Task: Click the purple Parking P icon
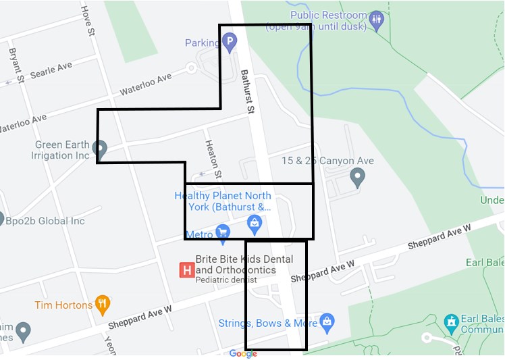tap(230, 44)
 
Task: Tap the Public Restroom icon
tap(377, 18)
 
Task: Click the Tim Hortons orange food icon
tap(103, 305)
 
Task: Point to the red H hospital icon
tap(186, 270)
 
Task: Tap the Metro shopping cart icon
tap(223, 234)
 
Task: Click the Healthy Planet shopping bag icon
tap(255, 222)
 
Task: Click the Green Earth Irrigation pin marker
tap(99, 148)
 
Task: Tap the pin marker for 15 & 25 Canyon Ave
tap(358, 178)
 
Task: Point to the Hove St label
tap(85, 21)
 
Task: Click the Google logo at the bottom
tap(243, 354)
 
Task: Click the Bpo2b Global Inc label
tap(45, 221)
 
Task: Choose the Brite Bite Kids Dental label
tap(244, 264)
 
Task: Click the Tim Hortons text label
tap(63, 305)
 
